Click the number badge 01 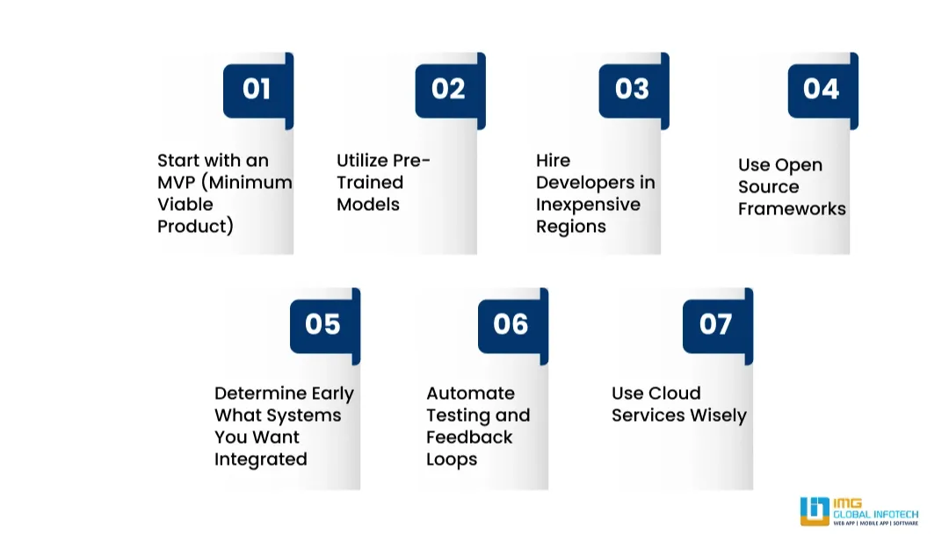pos(257,89)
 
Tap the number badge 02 pos(448,89)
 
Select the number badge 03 pos(632,89)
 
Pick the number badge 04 pos(821,89)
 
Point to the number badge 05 pos(322,324)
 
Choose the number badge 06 pos(511,324)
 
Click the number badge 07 pos(715,324)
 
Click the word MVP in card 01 pos(176,183)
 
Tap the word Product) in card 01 pos(195,227)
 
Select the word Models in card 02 pos(368,205)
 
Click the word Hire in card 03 pos(553,161)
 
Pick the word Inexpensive pos(588,205)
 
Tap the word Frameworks pos(792,209)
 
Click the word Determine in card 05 pos(260,394)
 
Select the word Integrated pos(260,459)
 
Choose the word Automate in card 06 pos(470,394)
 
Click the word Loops pos(451,459)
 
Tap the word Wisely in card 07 pos(712,416)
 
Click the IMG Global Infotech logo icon pos(815,511)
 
